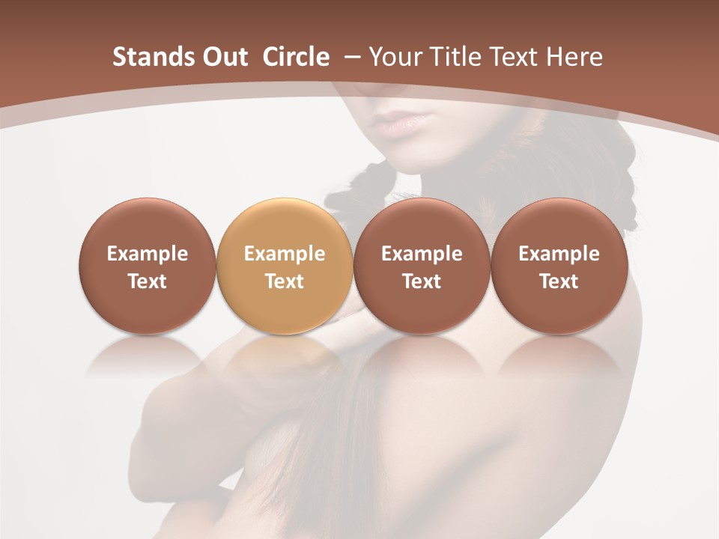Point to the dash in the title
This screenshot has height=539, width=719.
point(350,57)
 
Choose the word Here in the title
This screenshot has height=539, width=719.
point(574,57)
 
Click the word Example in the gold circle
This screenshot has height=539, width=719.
point(285,254)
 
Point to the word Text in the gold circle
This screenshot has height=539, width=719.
point(285,281)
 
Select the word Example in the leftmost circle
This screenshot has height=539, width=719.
point(147,254)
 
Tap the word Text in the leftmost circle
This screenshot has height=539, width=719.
point(147,281)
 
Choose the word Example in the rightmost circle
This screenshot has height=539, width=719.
point(559,254)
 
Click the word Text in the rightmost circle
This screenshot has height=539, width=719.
point(559,281)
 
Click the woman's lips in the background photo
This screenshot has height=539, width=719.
point(404,123)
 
